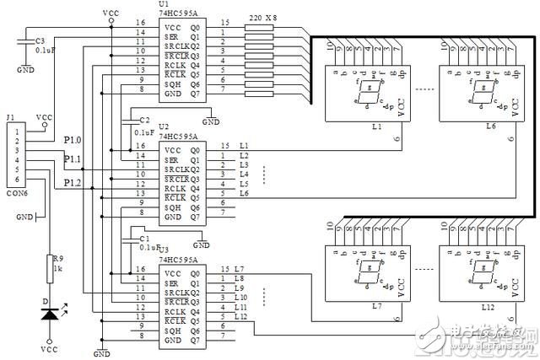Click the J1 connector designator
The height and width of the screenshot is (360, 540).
coord(10,118)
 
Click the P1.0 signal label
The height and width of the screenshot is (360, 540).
coord(73,139)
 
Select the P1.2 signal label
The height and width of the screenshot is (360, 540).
coord(73,182)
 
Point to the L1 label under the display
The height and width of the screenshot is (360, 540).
coord(376,126)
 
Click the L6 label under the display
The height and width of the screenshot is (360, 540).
coord(490,126)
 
